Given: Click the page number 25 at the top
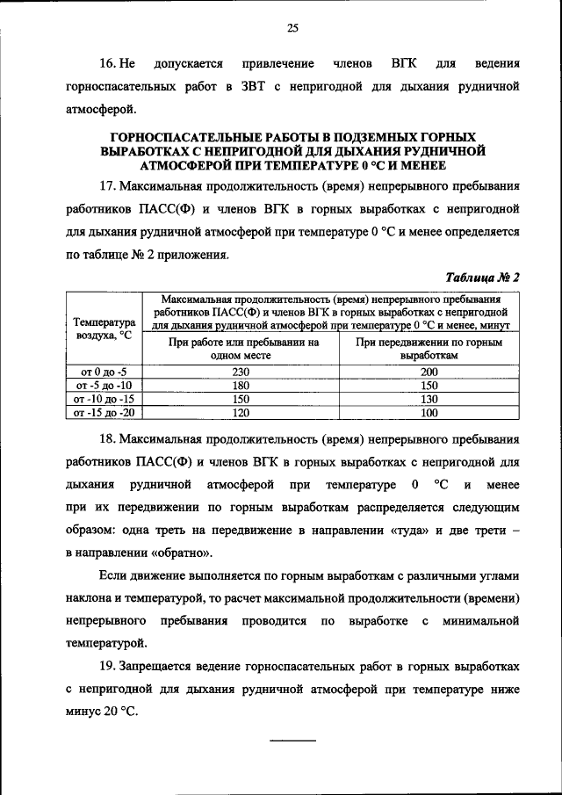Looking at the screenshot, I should pyautogui.click(x=293, y=28).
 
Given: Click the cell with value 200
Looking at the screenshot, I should pyautogui.click(x=429, y=372).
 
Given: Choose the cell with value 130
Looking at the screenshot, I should pyautogui.click(x=429, y=398).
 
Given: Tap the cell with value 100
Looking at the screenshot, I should pyautogui.click(x=429, y=411).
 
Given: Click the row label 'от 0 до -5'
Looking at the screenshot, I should pyautogui.click(x=103, y=372).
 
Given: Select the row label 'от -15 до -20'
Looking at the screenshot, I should pyautogui.click(x=103, y=411).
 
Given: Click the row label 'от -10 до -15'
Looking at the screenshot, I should pyautogui.click(x=103, y=398).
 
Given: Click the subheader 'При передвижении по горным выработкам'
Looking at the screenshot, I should pyautogui.click(x=429, y=349).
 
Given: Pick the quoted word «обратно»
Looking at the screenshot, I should pyautogui.click(x=183, y=553).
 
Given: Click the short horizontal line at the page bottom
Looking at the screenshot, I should pyautogui.click(x=292, y=740).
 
